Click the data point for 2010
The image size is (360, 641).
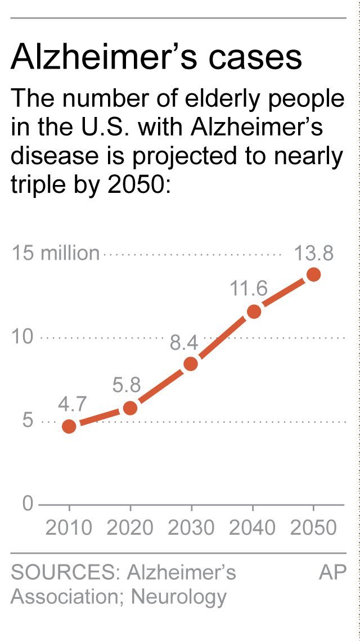click(69, 426)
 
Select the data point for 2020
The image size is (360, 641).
click(130, 408)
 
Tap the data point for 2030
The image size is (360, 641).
click(191, 364)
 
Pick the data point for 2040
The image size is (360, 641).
click(254, 311)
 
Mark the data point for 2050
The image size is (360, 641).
click(313, 274)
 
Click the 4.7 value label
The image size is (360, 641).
click(71, 404)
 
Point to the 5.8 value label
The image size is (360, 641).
click(126, 385)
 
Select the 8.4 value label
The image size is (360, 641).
click(184, 342)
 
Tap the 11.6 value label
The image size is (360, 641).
click(248, 289)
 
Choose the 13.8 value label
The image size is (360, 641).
click(314, 254)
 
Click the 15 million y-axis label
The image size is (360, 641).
click(55, 254)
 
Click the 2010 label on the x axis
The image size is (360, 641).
click(69, 527)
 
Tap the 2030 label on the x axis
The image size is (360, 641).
click(191, 527)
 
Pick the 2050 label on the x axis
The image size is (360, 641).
click(313, 527)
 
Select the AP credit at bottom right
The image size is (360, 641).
click(332, 572)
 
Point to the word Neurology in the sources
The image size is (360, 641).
click(178, 597)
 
